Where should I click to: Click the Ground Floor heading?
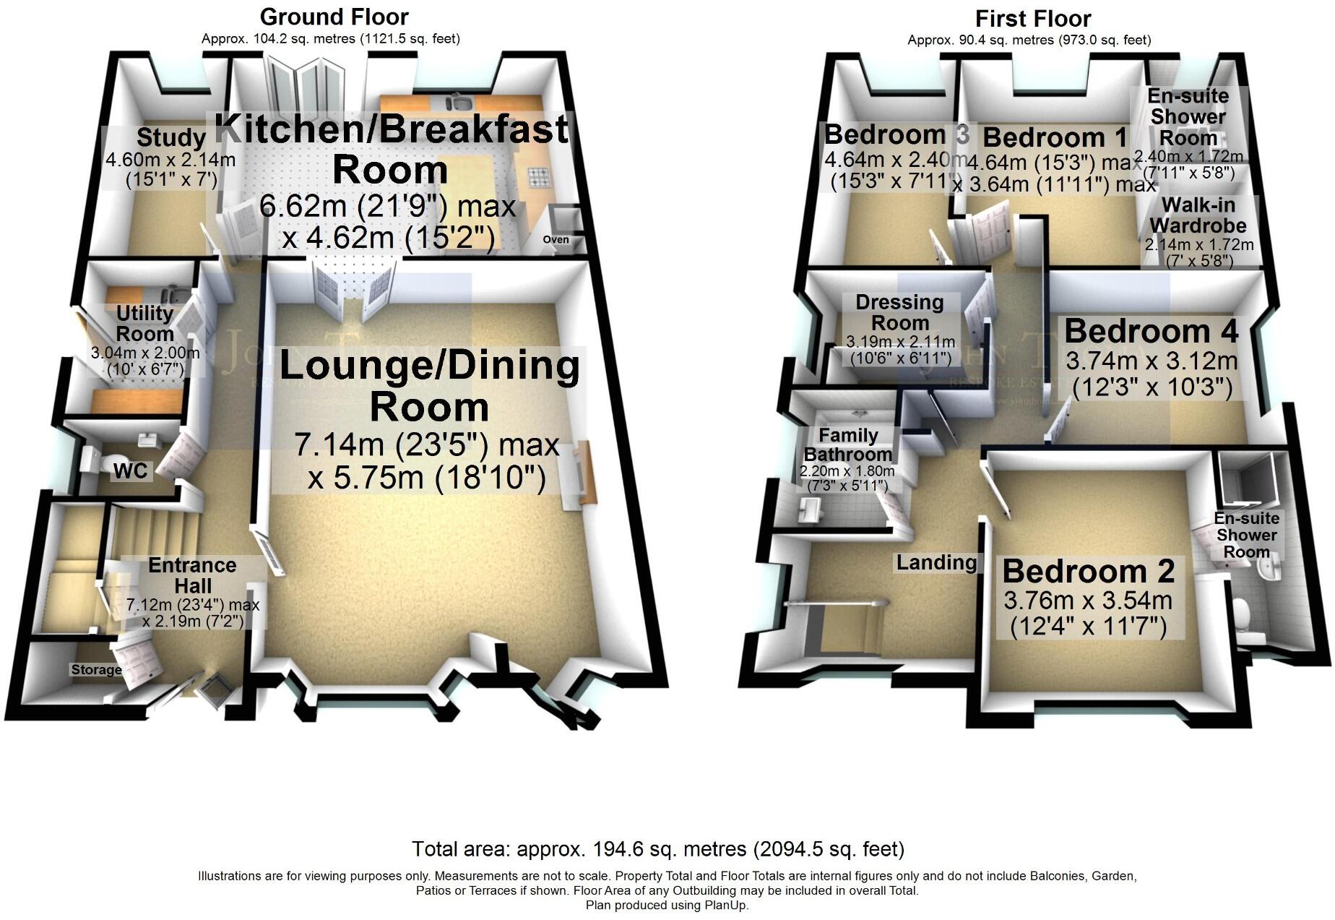[x=334, y=17]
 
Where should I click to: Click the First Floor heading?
[x=1032, y=18]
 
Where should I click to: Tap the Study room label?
[x=170, y=137]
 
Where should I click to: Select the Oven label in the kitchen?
[x=556, y=239]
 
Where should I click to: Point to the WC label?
[x=130, y=471]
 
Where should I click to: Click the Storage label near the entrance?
[x=96, y=670]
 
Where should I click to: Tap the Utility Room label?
[x=144, y=323]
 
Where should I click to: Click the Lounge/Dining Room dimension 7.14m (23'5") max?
[x=426, y=444]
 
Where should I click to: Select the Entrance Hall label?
[x=192, y=575]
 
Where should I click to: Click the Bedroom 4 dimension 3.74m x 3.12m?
[x=1152, y=361]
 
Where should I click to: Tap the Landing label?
[x=936, y=562]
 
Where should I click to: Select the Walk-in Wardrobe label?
[x=1198, y=215]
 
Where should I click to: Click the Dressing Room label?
[x=899, y=312]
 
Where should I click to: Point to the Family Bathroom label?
[x=847, y=444]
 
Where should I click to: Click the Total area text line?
[x=657, y=848]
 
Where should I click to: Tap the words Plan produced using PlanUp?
[x=666, y=905]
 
